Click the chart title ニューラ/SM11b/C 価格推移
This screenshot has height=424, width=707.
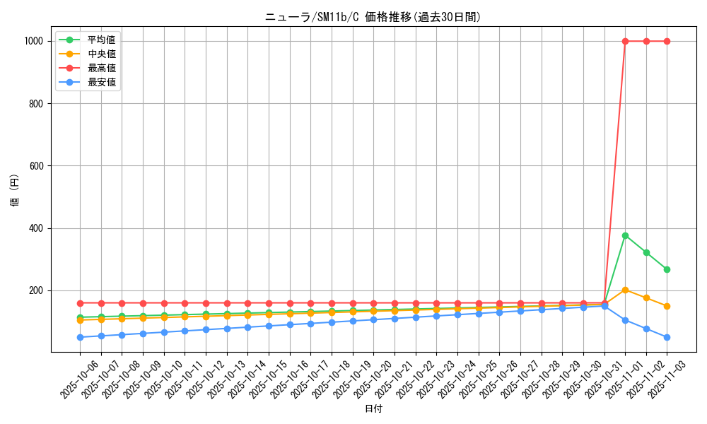point(373,17)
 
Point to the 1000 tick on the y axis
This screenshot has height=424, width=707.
point(34,41)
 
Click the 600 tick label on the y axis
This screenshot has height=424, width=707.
point(37,166)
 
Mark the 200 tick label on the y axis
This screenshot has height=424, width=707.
point(37,290)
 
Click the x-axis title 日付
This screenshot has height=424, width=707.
point(373,408)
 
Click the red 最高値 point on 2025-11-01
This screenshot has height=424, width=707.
point(625,41)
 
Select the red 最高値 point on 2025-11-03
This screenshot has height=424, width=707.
point(667,41)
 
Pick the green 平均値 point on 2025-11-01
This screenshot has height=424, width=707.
point(625,235)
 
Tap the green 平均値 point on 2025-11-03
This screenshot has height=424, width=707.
point(667,269)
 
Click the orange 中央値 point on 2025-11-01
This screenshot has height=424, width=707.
point(625,290)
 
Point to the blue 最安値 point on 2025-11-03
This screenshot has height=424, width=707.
point(667,337)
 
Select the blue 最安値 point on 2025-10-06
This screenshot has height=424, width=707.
point(80,337)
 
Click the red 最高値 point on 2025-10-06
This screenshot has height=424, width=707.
point(80,303)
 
